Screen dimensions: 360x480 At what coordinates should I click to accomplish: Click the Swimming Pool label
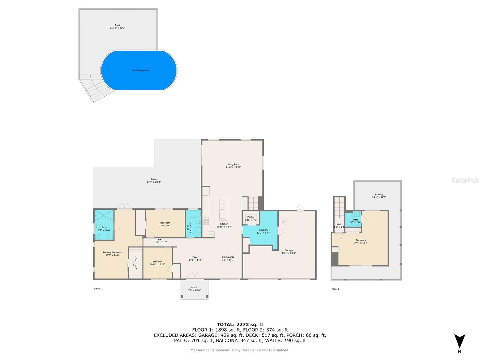(x=140, y=70)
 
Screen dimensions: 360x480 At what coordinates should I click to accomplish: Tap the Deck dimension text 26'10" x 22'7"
(x=117, y=28)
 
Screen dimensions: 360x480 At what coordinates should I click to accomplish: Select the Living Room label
(x=233, y=164)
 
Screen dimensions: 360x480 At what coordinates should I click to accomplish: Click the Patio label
(x=154, y=179)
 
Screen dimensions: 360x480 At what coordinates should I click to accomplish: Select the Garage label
(x=289, y=250)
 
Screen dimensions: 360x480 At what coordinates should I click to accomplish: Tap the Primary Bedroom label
(x=112, y=252)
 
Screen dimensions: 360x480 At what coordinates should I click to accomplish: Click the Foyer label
(x=195, y=257)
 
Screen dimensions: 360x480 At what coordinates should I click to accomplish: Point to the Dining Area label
(x=228, y=257)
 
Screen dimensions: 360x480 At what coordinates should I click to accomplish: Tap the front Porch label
(x=194, y=287)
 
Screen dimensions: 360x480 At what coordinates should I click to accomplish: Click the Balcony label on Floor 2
(x=379, y=195)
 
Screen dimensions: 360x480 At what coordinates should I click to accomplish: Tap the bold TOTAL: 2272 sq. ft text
(x=240, y=324)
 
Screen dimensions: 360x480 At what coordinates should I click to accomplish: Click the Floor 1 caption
(x=98, y=289)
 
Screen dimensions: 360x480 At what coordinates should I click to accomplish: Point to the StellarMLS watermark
(x=465, y=180)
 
